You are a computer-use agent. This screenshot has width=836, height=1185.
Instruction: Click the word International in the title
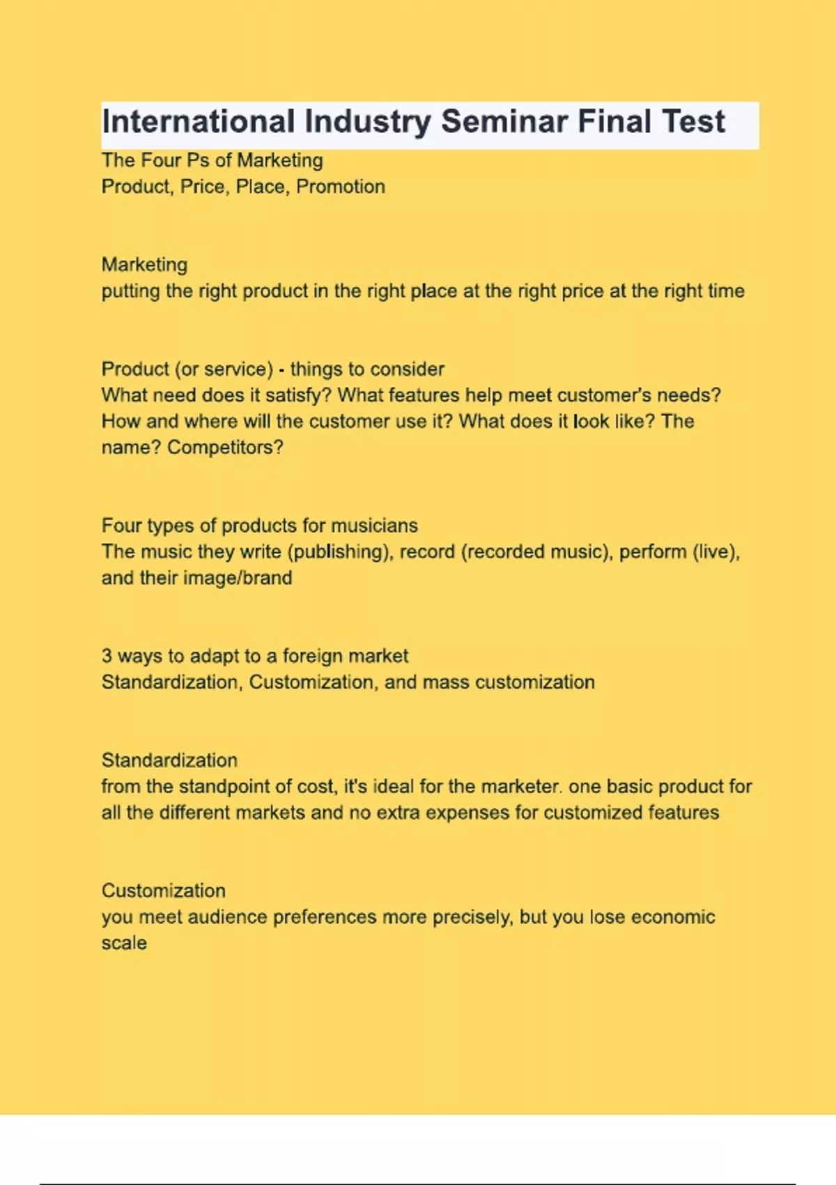coord(199,122)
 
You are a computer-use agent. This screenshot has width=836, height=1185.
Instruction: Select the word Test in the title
coord(693,122)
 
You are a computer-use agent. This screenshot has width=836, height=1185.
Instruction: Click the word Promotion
coord(341,187)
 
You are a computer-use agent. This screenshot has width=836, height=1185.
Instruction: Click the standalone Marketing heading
coord(144,265)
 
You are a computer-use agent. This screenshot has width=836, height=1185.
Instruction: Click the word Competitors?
coord(225,448)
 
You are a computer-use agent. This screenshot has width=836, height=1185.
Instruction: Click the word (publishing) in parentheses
coord(340,552)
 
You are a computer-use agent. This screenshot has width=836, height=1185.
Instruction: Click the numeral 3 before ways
coord(107,656)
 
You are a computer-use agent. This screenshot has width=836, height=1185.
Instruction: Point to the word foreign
coord(311,656)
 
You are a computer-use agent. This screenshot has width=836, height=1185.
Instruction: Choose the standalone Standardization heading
coord(169,760)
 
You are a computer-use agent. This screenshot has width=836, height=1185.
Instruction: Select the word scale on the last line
coord(124,943)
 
